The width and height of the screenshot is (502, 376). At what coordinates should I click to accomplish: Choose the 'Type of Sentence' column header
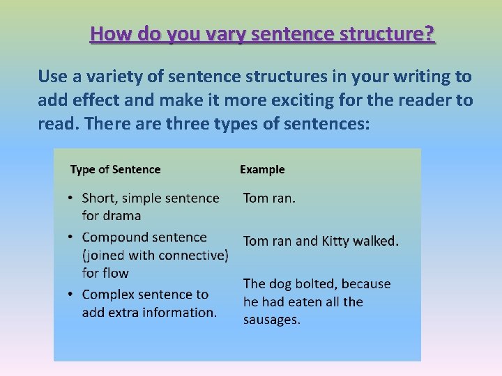[x=115, y=169]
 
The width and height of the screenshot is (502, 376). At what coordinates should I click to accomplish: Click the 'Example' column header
[x=262, y=169]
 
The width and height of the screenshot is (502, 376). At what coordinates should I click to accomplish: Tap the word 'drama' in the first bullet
[x=121, y=216]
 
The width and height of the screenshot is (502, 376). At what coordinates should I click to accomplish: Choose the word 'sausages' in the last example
[x=271, y=320]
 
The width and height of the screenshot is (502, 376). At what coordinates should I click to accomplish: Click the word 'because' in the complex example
[x=367, y=284]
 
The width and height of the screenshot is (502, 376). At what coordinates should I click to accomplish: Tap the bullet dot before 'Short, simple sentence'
[x=71, y=199]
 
